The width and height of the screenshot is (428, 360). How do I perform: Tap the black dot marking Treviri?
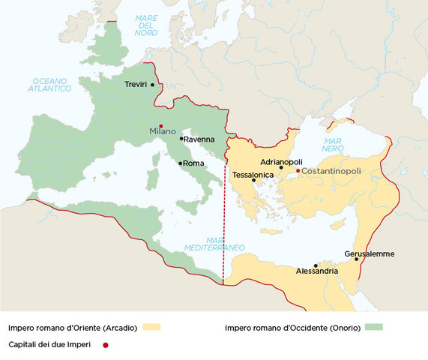coord(153,85)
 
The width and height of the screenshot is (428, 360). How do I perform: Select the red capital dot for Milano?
coord(161,125)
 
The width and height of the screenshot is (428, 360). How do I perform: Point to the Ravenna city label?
coord(200,139)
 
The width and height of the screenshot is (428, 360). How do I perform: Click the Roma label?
coord(193,163)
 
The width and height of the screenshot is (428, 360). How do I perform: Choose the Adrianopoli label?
coord(281,161)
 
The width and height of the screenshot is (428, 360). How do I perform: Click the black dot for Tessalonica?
coord(253,180)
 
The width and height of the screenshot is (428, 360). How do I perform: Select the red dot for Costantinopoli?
coord(298,171)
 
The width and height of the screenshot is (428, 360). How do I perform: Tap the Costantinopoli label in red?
coord(331,171)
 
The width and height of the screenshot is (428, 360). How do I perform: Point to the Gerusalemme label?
coord(369,253)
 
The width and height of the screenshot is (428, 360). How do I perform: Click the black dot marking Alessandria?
coord(316,265)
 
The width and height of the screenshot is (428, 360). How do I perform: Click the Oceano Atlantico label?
coord(51,84)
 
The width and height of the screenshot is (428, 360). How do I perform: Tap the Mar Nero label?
coord(334,145)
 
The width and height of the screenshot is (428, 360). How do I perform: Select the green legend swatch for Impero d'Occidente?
coord(373,327)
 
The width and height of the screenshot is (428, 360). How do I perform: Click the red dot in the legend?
coord(106,344)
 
